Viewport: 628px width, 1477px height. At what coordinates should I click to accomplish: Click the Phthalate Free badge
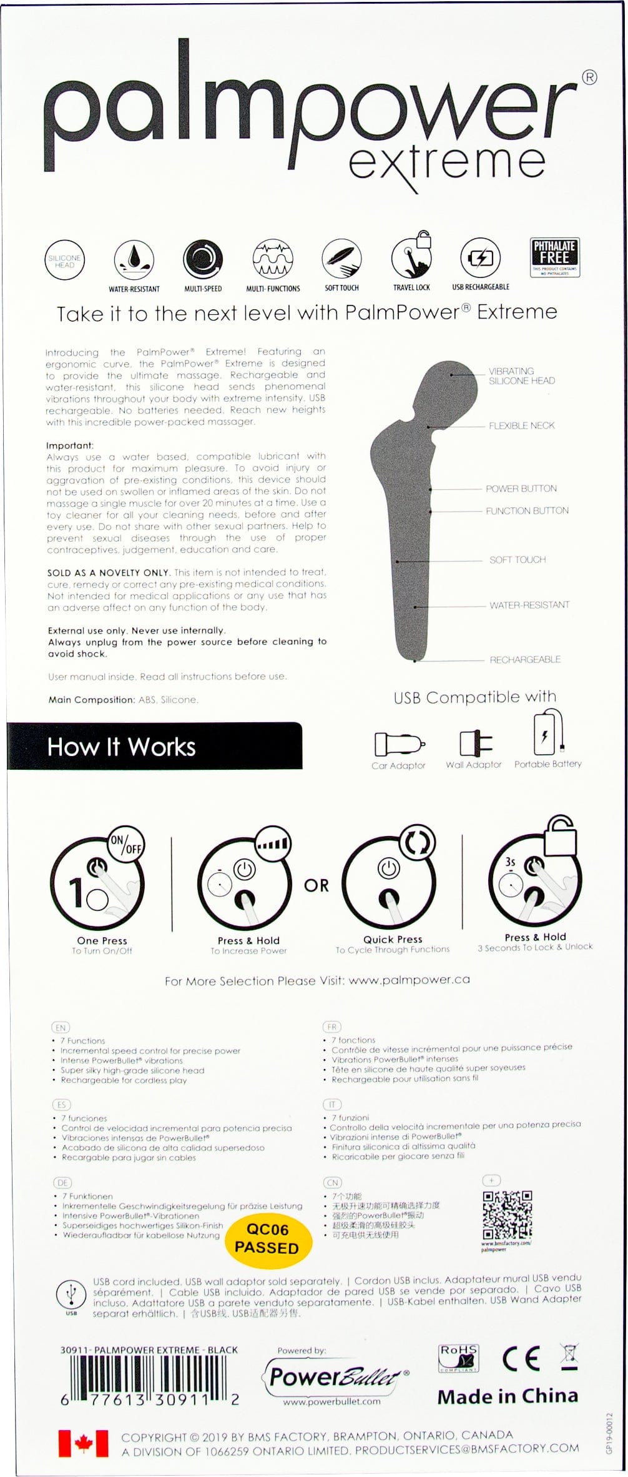[554, 257]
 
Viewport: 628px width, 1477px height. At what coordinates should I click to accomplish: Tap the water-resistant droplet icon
[134, 259]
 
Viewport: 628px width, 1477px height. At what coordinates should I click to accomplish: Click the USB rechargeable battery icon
[480, 257]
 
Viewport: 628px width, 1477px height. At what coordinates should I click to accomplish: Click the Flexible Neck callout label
[521, 425]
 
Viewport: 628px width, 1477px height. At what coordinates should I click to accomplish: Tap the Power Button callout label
[521, 489]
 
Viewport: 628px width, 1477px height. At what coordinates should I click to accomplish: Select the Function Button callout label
[527, 510]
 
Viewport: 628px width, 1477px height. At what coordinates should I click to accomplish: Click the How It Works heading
[122, 747]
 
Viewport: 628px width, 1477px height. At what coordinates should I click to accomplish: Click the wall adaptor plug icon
[475, 743]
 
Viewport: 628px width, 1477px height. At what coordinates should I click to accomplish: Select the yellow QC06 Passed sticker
[267, 1238]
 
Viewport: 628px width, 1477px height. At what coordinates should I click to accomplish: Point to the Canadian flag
[83, 1443]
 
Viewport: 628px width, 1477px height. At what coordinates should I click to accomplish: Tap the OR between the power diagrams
[316, 885]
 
